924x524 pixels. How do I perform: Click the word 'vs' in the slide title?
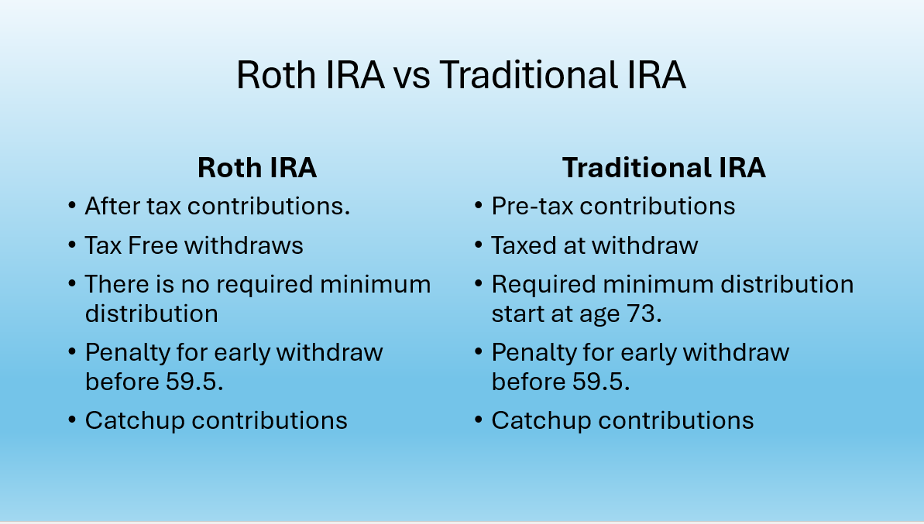click(411, 76)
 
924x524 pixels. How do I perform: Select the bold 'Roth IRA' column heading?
click(257, 168)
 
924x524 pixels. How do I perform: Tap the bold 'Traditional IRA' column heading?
click(664, 168)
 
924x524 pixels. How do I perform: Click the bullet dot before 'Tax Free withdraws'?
click(71, 246)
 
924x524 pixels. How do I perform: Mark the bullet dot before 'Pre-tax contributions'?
click(478, 207)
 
